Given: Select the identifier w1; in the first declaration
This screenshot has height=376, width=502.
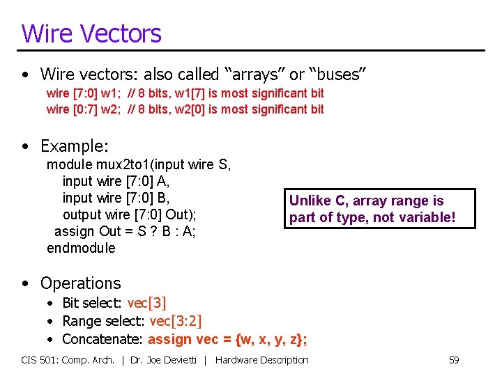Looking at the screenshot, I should pyautogui.click(x=112, y=93).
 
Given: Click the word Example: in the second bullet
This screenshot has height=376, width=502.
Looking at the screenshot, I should pyautogui.click(x=75, y=146).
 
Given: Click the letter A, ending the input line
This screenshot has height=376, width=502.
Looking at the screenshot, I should pyautogui.click(x=165, y=181).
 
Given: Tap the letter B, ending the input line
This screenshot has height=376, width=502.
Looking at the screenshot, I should pyautogui.click(x=165, y=198).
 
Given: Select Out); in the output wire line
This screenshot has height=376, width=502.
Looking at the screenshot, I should pyautogui.click(x=181, y=214).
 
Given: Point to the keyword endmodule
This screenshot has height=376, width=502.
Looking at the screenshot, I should pyautogui.click(x=81, y=248).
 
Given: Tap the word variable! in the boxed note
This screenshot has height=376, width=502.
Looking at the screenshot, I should pyautogui.click(x=427, y=218).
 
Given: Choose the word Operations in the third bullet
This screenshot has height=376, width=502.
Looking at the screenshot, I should pyautogui.click(x=80, y=283).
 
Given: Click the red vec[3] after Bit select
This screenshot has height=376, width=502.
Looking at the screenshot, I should pyautogui.click(x=146, y=303).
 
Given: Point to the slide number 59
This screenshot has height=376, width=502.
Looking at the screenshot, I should pyautogui.click(x=454, y=360).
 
